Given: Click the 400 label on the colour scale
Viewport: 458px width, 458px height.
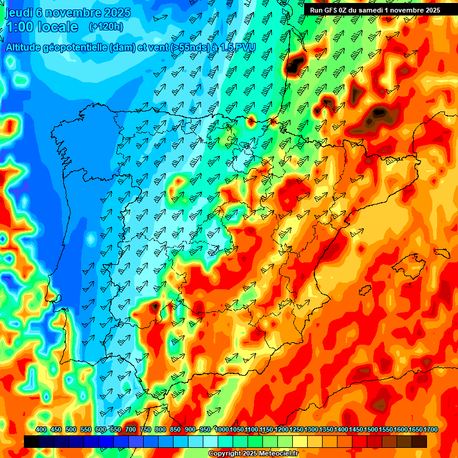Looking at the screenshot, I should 41,429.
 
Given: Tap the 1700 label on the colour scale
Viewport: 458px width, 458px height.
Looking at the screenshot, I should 416,429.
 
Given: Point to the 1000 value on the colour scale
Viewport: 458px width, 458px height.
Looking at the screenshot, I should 222,429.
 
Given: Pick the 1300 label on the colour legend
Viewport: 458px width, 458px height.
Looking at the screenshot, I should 311,429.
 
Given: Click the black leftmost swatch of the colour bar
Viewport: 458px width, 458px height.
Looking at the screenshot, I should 32,441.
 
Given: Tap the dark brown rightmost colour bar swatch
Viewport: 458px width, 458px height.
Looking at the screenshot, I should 419,441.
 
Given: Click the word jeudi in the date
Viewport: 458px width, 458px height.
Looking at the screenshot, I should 18,12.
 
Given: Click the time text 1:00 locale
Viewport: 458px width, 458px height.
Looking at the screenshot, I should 42,27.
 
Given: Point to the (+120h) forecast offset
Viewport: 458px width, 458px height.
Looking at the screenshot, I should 106,27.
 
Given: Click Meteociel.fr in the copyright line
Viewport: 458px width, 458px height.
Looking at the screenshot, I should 275,454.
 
